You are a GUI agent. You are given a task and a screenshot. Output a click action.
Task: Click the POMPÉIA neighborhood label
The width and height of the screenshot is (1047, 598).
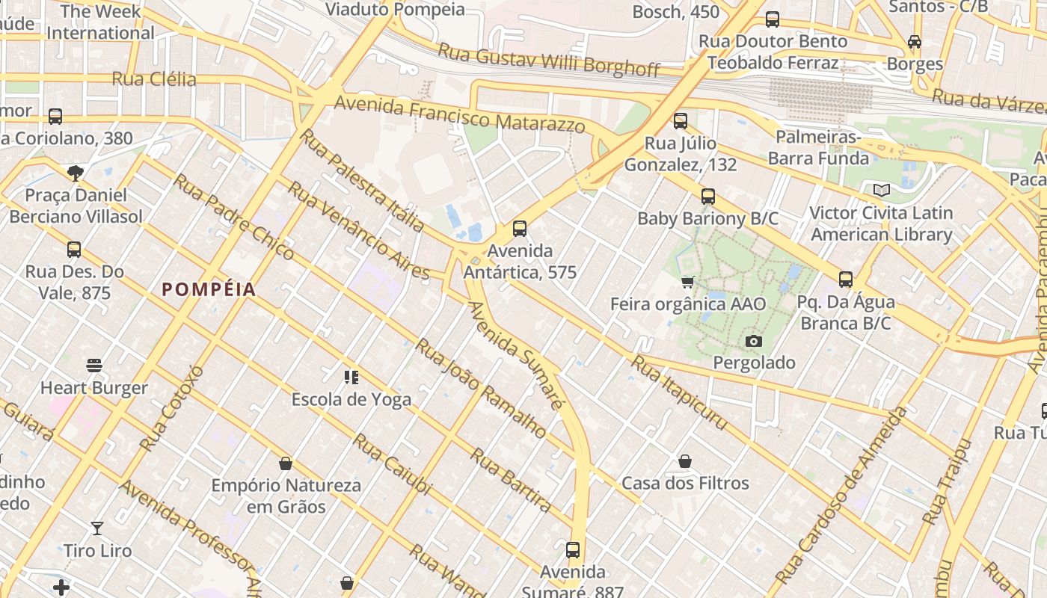tap(209, 290)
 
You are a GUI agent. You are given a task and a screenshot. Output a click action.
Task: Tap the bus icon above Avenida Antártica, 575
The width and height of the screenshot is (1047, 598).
tap(520, 229)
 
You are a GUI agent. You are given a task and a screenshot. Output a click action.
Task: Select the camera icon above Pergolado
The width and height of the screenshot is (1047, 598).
tap(754, 342)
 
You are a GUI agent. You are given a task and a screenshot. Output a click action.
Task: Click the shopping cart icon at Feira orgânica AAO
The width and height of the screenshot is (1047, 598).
tap(688, 282)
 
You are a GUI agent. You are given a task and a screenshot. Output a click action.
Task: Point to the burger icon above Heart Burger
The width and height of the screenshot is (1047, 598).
tap(94, 366)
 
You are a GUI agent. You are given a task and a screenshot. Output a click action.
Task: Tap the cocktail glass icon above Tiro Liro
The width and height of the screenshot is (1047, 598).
tap(97, 528)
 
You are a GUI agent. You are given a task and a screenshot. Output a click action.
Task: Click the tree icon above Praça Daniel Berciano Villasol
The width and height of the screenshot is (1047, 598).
tap(75, 173)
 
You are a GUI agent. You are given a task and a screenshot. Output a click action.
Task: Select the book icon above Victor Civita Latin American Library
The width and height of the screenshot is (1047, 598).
tap(882, 191)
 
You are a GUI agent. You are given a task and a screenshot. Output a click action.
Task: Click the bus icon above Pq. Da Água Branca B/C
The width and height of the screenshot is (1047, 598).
tap(846, 280)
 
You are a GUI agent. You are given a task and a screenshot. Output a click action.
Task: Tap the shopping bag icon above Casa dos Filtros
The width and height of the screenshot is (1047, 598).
tap(685, 461)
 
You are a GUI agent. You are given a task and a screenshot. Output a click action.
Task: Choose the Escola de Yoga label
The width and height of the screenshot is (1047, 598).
tap(351, 399)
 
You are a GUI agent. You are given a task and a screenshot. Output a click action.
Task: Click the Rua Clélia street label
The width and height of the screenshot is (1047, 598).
tap(154, 79)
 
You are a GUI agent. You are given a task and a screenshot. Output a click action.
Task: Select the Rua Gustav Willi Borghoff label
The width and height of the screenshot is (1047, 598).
tap(549, 61)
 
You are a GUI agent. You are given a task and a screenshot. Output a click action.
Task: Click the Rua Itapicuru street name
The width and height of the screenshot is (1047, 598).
tap(679, 392)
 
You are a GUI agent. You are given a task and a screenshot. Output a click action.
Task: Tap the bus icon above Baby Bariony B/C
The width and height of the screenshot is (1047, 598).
tap(708, 197)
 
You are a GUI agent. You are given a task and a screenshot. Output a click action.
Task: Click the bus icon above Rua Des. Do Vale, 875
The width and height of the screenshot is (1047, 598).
tap(74, 250)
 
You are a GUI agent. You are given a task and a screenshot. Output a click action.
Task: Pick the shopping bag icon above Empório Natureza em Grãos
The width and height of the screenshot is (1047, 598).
tap(285, 463)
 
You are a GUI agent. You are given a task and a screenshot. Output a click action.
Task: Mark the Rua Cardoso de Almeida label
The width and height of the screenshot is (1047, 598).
tap(841, 496)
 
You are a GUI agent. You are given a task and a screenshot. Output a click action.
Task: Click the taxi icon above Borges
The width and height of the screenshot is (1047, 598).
tap(915, 42)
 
